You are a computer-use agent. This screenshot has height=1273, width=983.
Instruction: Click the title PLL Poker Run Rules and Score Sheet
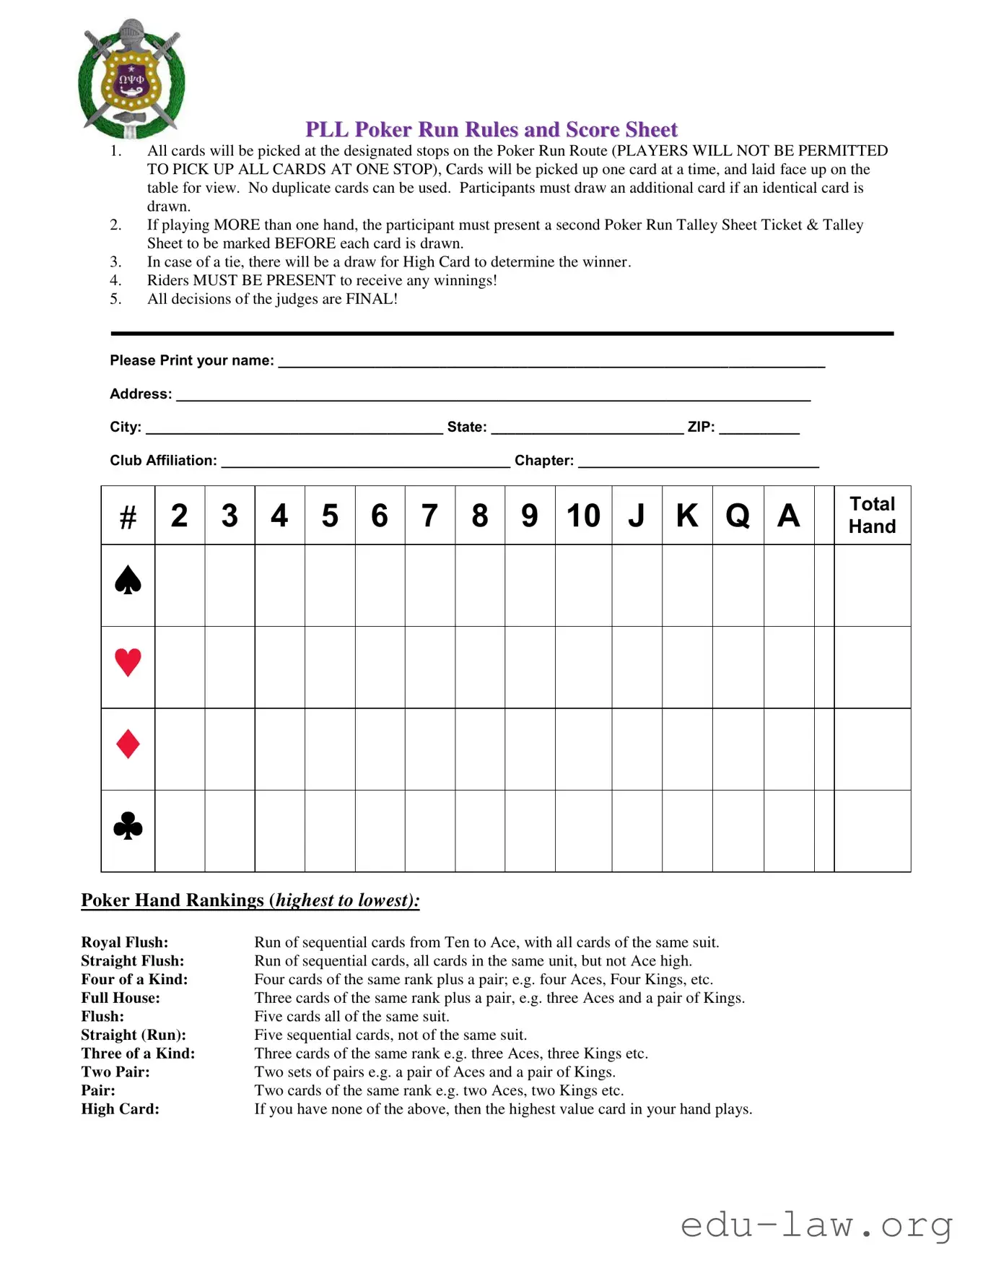coord(491,129)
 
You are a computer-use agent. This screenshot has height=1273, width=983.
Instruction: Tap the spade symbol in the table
coord(128,581)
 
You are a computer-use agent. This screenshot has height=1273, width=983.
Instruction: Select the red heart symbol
coord(128,662)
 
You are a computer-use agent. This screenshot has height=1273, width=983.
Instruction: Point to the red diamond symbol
coord(128,744)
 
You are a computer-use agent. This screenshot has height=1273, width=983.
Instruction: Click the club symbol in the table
coord(128,827)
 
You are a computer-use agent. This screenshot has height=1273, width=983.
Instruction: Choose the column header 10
coord(583,516)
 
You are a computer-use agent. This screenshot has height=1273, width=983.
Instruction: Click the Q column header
coord(738,516)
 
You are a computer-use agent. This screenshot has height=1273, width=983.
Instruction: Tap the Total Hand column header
coord(872,515)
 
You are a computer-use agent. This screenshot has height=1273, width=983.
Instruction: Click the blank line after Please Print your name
coord(551,361)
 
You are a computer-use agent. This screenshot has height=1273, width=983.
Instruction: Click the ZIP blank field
coord(759,427)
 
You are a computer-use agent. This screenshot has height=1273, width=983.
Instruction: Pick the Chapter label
coord(544,461)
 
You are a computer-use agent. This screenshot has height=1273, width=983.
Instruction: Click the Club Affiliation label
coord(163,461)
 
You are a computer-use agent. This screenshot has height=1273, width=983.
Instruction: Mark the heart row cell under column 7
coord(430,667)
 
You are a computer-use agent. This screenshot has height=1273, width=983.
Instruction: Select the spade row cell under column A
coord(789,586)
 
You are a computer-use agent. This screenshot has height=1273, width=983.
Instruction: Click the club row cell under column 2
coord(180,831)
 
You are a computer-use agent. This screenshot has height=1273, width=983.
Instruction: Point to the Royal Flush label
coord(125,942)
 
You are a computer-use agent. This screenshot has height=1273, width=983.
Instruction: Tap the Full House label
coord(121,998)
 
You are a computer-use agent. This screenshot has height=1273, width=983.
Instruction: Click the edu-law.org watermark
coord(816,1225)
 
